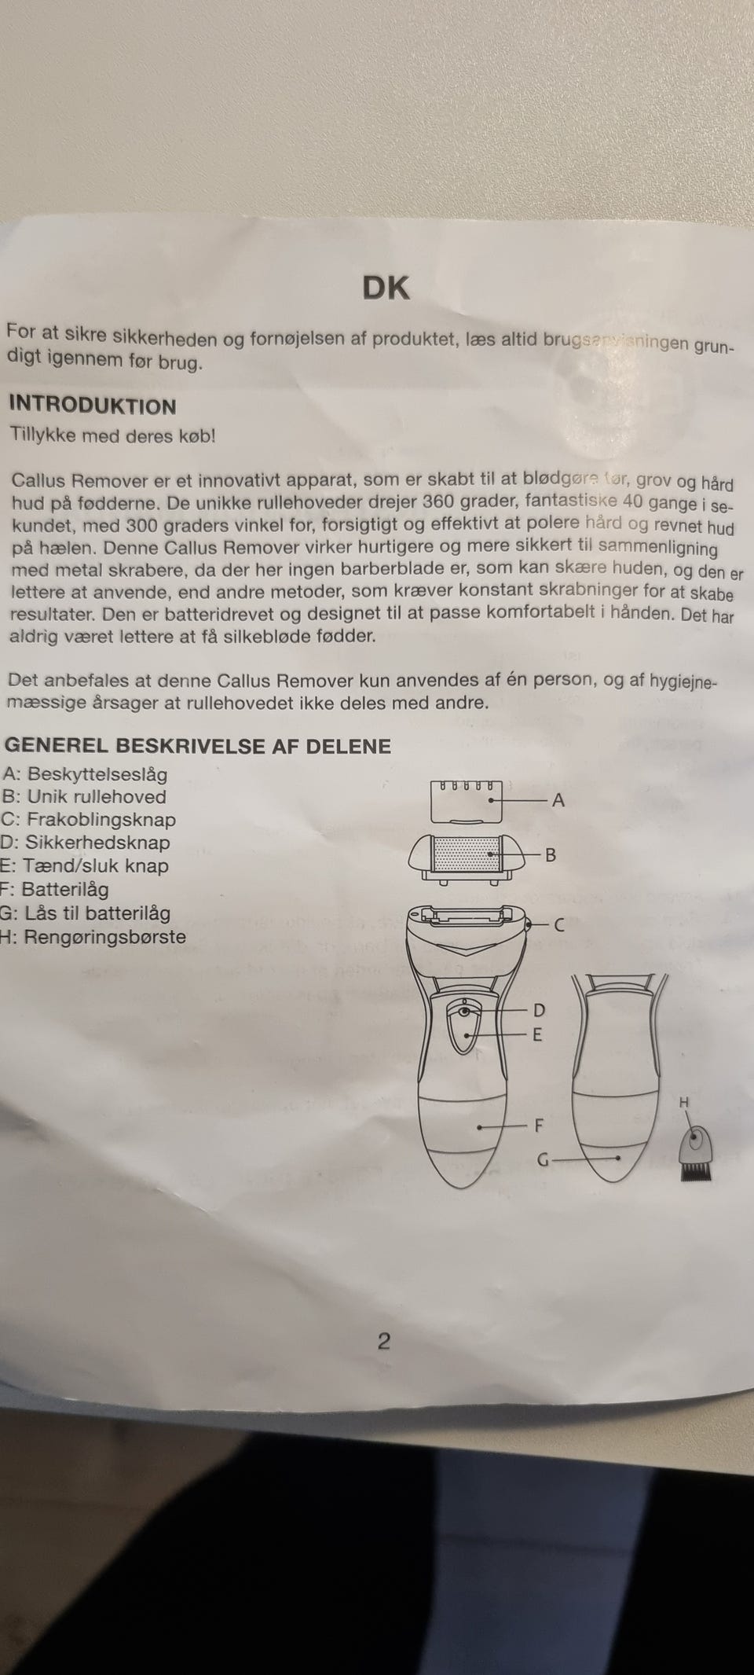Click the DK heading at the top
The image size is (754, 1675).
point(386,288)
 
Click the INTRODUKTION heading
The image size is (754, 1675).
point(92,406)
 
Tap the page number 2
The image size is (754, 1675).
point(383,1341)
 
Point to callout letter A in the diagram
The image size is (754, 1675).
point(558,800)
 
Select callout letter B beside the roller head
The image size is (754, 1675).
point(551,854)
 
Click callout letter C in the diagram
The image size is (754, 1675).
point(559,925)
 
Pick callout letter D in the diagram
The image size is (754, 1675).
point(539,1010)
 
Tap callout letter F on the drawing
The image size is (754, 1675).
point(539,1126)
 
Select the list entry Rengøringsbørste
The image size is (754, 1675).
point(104,937)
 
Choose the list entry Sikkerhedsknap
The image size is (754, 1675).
point(97,843)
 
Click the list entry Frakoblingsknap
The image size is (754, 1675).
point(101,820)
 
